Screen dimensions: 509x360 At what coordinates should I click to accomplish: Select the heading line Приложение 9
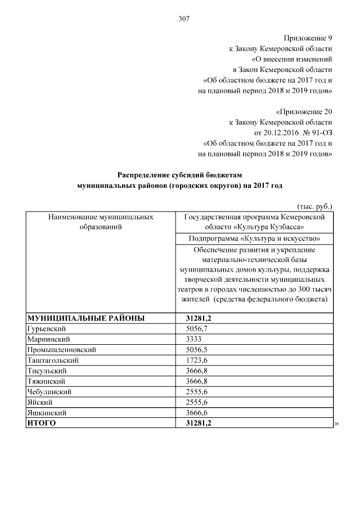tap(309, 39)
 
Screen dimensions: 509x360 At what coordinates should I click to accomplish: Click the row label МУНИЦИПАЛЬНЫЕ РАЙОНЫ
tap(86, 318)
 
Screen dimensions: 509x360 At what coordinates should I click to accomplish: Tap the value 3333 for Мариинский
tap(193, 339)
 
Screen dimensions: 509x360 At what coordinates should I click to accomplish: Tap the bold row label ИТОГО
tap(42, 423)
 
